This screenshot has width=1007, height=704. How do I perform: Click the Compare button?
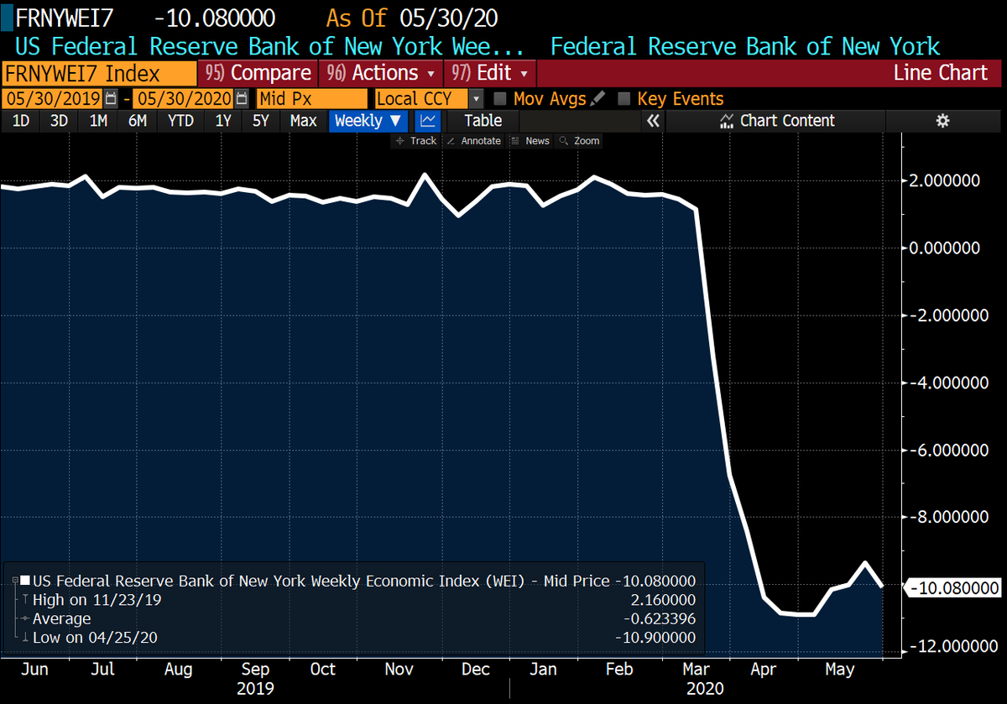(258, 73)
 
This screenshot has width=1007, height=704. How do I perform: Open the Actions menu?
(382, 73)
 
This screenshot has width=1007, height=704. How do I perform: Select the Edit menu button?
(490, 73)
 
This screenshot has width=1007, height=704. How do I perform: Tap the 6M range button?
(138, 121)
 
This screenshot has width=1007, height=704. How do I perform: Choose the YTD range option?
(180, 121)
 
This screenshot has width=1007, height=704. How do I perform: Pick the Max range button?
(303, 121)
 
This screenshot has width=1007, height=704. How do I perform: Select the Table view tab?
(483, 121)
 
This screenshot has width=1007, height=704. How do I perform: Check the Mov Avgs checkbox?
(500, 99)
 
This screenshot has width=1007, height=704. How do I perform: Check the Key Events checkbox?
(624, 99)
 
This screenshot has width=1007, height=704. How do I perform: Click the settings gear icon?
(942, 121)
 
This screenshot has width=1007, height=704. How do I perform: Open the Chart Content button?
(777, 121)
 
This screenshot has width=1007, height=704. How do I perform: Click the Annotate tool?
(474, 141)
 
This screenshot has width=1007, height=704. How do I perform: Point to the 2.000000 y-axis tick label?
(947, 180)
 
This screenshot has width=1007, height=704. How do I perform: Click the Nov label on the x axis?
(399, 670)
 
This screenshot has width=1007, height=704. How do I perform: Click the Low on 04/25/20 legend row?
(95, 638)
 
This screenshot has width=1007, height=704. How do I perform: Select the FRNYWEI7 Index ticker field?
(99, 73)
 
